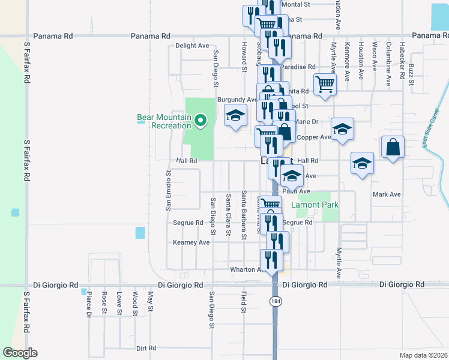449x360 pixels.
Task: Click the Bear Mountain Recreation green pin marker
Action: [x=202, y=122]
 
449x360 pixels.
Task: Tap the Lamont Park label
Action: [x=315, y=205]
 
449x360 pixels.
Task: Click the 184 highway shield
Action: [x=276, y=301]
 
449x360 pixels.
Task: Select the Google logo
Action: [x=20, y=353]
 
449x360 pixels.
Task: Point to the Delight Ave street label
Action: [x=192, y=46]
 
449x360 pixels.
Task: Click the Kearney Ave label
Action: [x=191, y=242]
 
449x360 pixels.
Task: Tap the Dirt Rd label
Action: [x=146, y=348]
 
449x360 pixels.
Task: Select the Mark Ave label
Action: [x=386, y=194]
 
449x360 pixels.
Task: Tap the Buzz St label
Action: [x=411, y=74]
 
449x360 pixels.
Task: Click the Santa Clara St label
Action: [x=228, y=215]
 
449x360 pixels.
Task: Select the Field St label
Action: [x=244, y=302]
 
